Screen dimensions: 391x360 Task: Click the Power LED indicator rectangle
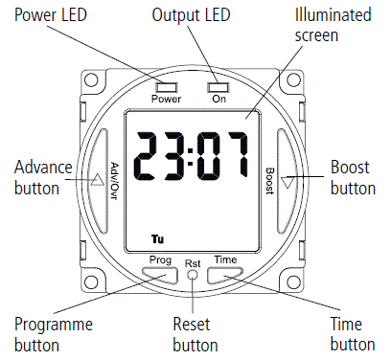pos(165,87)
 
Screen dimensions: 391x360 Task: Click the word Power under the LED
pos(165,99)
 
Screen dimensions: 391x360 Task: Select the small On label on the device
pos(218,99)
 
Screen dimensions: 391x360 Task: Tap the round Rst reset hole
pos(192,276)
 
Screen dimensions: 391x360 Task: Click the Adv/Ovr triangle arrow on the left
pos(98,177)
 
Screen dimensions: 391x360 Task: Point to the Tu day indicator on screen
pos(156,237)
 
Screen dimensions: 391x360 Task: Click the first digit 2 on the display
pos(149,158)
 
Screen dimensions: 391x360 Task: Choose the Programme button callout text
pos(52,334)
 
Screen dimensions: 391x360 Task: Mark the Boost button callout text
pos(352,177)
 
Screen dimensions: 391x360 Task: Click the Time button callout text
pos(351,334)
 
